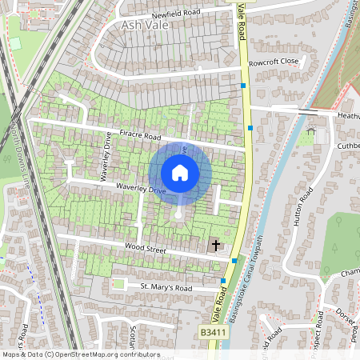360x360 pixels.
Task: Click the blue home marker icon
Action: (x=180, y=173)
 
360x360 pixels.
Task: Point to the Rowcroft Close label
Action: (x=273, y=61)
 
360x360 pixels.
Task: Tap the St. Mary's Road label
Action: (x=166, y=286)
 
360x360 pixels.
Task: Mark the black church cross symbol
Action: (x=215, y=244)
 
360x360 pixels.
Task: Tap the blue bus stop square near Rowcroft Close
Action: (x=243, y=85)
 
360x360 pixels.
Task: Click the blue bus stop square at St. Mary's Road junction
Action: (x=222, y=281)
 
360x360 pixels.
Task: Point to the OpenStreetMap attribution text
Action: (x=80, y=354)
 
